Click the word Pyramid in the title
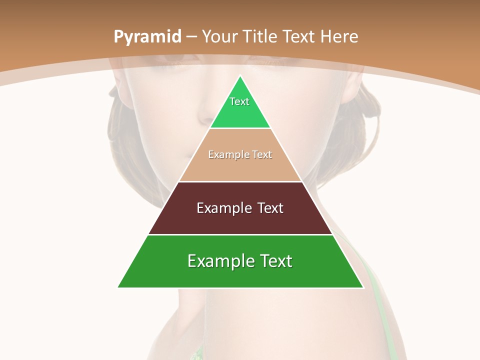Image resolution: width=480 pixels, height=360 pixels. pos(147,37)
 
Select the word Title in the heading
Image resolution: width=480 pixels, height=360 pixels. pos(259,36)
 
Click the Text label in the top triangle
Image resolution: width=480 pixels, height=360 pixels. pos(239,101)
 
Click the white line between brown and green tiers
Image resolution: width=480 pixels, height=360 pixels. pos(240,234)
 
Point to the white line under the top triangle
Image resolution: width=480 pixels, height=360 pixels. pos(240,128)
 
